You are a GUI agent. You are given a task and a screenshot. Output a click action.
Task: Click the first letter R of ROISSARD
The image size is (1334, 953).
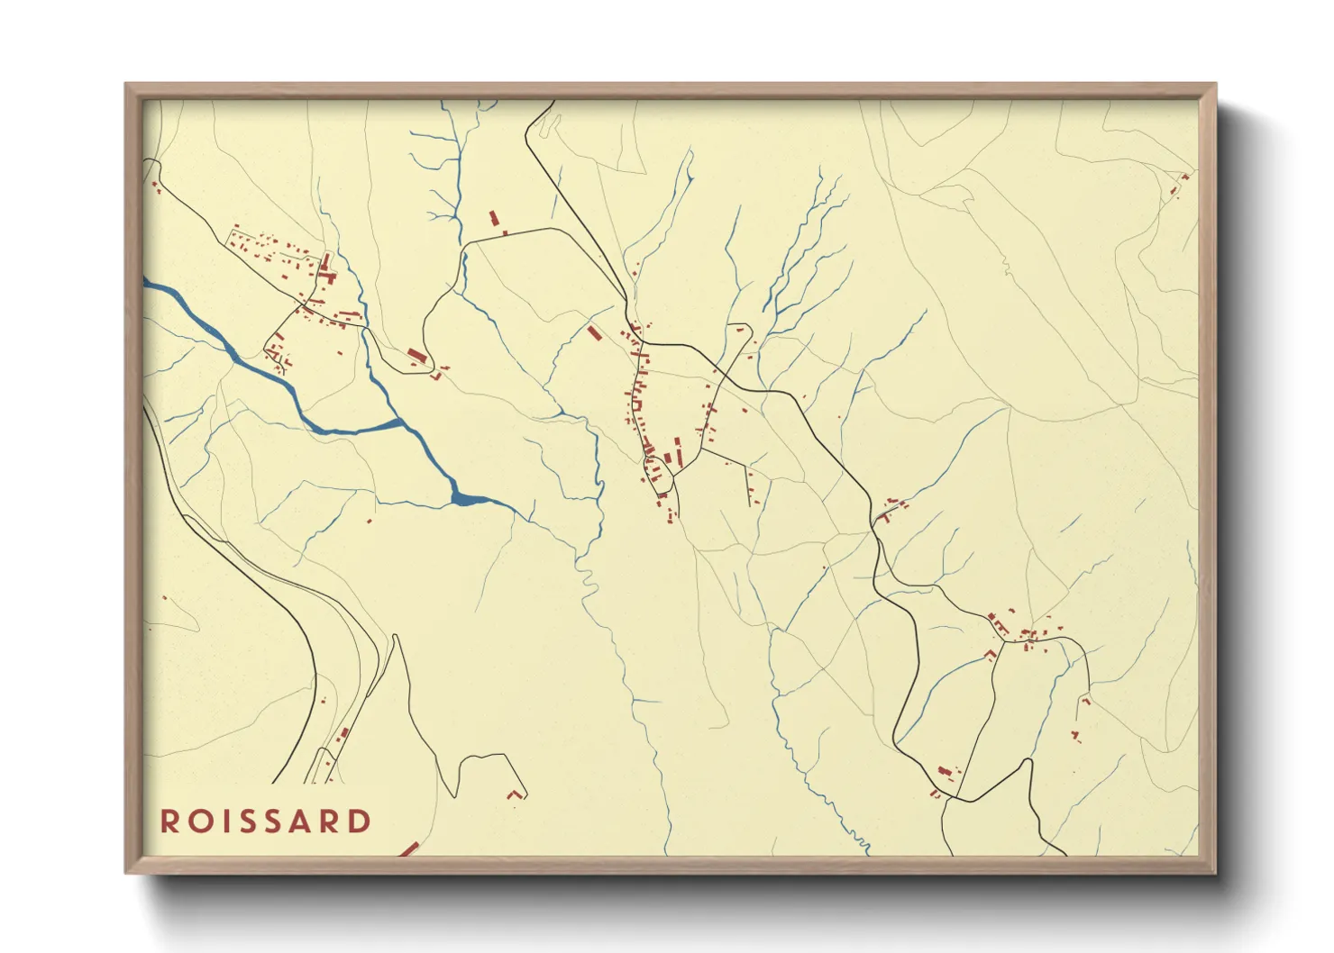169,821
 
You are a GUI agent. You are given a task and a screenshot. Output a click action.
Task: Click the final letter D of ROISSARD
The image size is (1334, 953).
360,821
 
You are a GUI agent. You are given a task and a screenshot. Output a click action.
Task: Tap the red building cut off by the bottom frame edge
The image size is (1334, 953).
409,849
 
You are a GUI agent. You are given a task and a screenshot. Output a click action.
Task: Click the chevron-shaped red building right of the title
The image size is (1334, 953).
515,794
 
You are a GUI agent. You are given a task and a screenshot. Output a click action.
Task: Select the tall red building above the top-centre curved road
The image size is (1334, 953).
493,218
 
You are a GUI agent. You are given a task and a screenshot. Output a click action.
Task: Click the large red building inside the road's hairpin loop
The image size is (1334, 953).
415,355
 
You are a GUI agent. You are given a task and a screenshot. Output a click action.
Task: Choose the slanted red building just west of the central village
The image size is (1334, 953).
594,332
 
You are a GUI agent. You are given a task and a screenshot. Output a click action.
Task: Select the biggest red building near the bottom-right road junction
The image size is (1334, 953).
944,772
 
